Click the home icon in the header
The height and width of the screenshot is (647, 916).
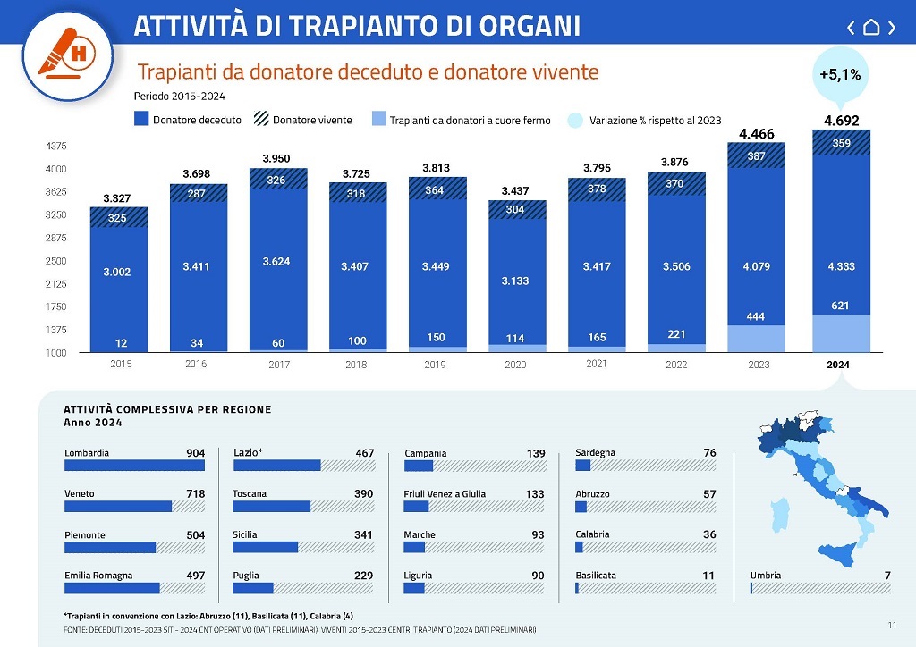[x=871, y=27]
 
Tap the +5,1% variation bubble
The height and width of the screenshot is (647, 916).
[x=840, y=75]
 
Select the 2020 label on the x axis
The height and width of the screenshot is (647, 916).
[x=515, y=365]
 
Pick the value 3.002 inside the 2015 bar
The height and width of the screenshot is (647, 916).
[x=116, y=272]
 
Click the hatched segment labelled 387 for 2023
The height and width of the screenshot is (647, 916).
[x=756, y=155]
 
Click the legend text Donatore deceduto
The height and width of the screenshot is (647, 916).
[x=197, y=120]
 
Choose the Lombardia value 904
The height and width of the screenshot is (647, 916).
[x=195, y=453]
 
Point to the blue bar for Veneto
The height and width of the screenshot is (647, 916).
[x=117, y=506]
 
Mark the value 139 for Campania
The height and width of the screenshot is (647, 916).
[x=536, y=454]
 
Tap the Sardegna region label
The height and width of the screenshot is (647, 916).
[x=595, y=453]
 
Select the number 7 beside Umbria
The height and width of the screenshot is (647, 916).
[x=886, y=576]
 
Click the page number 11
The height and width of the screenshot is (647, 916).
[x=892, y=624]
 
